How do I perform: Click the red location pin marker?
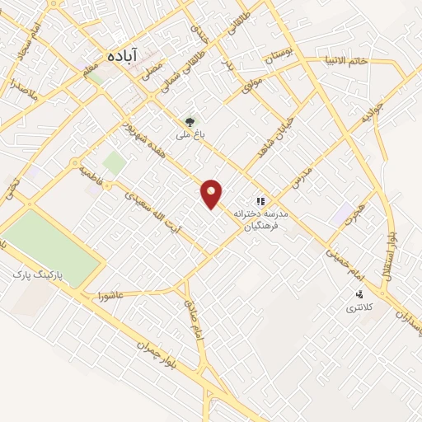(212, 194)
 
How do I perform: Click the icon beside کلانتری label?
(359, 294)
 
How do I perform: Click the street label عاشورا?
(109, 294)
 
